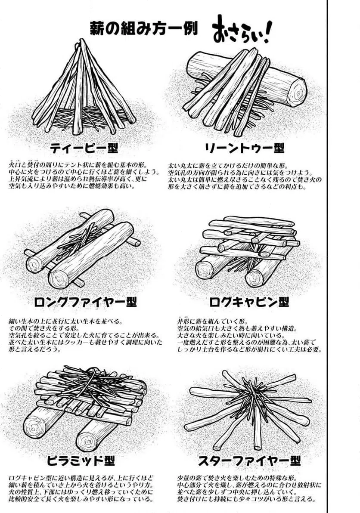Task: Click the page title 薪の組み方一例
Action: (144, 28)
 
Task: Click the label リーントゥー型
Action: (244, 148)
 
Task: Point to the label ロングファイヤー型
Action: (85, 302)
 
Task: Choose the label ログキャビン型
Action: (249, 302)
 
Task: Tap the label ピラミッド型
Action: (81, 461)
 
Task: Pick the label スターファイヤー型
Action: (249, 461)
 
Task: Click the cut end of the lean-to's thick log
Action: (297, 93)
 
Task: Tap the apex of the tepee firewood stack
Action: (81, 42)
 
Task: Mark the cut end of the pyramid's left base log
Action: (33, 427)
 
